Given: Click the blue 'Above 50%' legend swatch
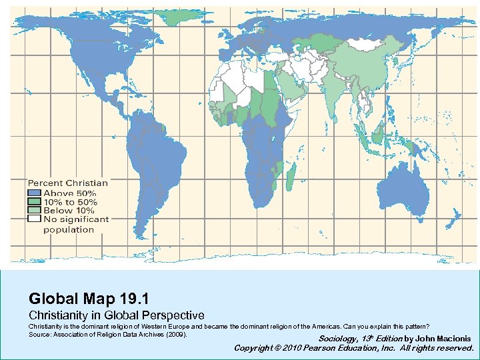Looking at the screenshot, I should point(34,193).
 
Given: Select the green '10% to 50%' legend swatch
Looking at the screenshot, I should point(34,201).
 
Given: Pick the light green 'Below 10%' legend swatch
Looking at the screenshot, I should point(34,210).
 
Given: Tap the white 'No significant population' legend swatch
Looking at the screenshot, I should point(34,219).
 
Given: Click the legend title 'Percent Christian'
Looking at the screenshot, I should point(67,183).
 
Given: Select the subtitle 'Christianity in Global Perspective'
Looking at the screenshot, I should point(116,314).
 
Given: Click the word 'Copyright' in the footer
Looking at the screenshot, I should point(253,348).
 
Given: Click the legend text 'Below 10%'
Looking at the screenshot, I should point(69,210).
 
